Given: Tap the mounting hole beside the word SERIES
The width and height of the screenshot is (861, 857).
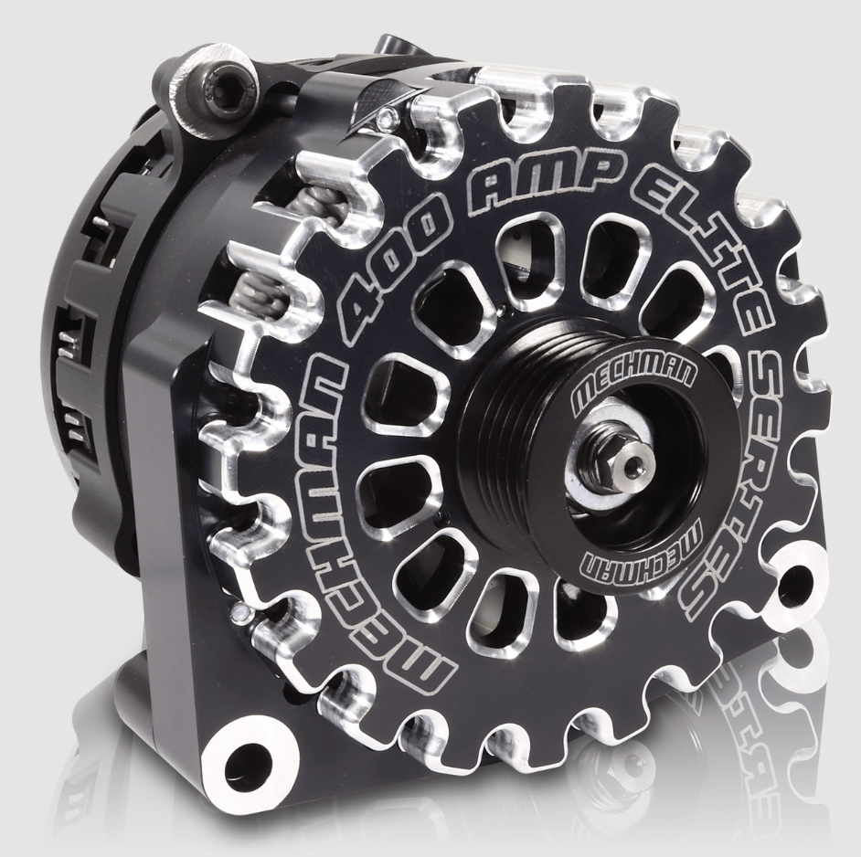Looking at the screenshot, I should (792, 577).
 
